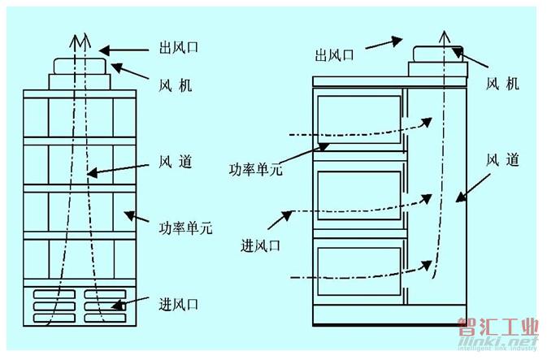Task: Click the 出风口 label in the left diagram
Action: [x=178, y=47]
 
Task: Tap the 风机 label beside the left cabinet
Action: [x=175, y=85]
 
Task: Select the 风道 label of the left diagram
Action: [x=175, y=162]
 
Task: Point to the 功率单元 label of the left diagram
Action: [x=185, y=228]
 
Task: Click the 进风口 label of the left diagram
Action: [x=178, y=304]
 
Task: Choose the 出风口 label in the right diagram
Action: [x=334, y=55]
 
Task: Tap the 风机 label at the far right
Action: [x=502, y=84]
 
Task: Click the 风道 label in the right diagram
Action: [x=502, y=160]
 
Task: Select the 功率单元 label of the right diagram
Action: [x=256, y=169]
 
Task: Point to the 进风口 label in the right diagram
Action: [x=261, y=245]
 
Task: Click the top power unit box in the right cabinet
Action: [x=359, y=119]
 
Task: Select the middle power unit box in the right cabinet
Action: [x=359, y=195]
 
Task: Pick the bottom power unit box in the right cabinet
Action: [x=359, y=271]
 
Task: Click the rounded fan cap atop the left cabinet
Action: [x=80, y=67]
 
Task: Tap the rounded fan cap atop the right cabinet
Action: [x=438, y=54]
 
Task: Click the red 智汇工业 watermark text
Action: [x=498, y=327]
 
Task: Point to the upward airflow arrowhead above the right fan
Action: [x=444, y=37]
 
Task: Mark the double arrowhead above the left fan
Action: [x=80, y=41]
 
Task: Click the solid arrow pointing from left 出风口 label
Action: [x=124, y=50]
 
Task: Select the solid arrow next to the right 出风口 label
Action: [x=384, y=43]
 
